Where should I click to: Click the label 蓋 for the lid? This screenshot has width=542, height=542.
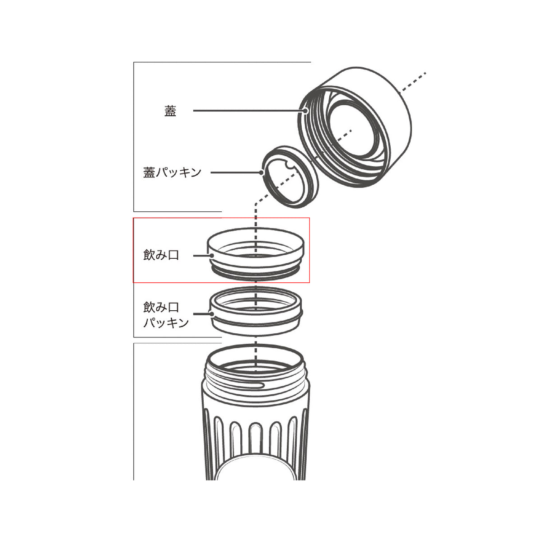tap(170, 111)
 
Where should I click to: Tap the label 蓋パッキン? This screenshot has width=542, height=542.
tap(172, 173)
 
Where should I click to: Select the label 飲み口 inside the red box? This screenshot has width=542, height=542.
tap(161, 255)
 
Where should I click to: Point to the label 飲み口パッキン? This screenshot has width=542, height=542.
tap(166, 315)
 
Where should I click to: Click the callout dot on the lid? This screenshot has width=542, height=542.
tap(306, 111)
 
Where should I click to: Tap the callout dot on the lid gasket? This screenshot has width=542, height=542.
tap(262, 173)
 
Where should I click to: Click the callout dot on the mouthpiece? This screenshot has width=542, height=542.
tap(212, 256)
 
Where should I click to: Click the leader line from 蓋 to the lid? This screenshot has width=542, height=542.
tap(248, 111)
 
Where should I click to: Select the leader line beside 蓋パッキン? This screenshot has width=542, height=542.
tap(235, 173)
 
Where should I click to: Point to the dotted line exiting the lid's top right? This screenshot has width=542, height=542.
tap(413, 81)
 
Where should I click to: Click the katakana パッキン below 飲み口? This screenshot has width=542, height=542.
tap(166, 322)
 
